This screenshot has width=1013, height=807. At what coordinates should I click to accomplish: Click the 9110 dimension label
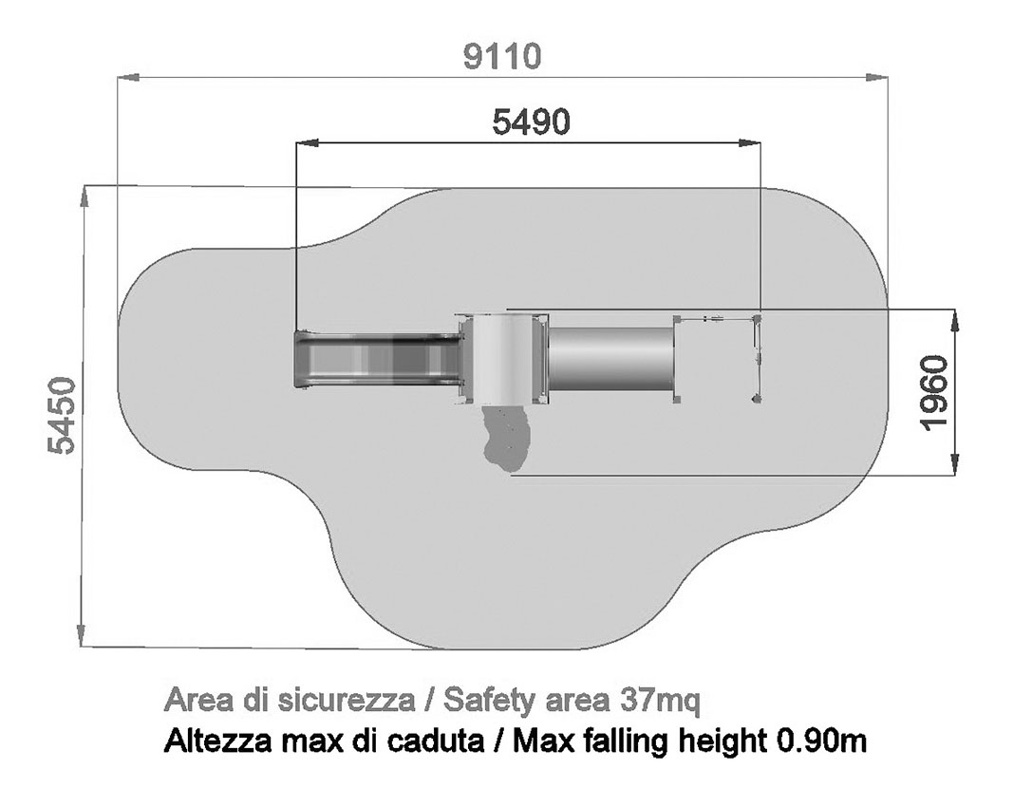click(x=502, y=57)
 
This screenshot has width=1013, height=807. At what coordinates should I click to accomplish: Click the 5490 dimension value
click(x=531, y=122)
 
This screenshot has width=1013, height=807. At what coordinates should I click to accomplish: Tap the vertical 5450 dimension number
click(x=63, y=416)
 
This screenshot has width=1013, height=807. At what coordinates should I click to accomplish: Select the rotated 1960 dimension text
click(x=934, y=392)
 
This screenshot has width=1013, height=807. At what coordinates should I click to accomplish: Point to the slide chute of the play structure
click(x=378, y=359)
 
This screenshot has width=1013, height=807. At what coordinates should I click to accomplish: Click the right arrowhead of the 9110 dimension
click(x=876, y=78)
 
